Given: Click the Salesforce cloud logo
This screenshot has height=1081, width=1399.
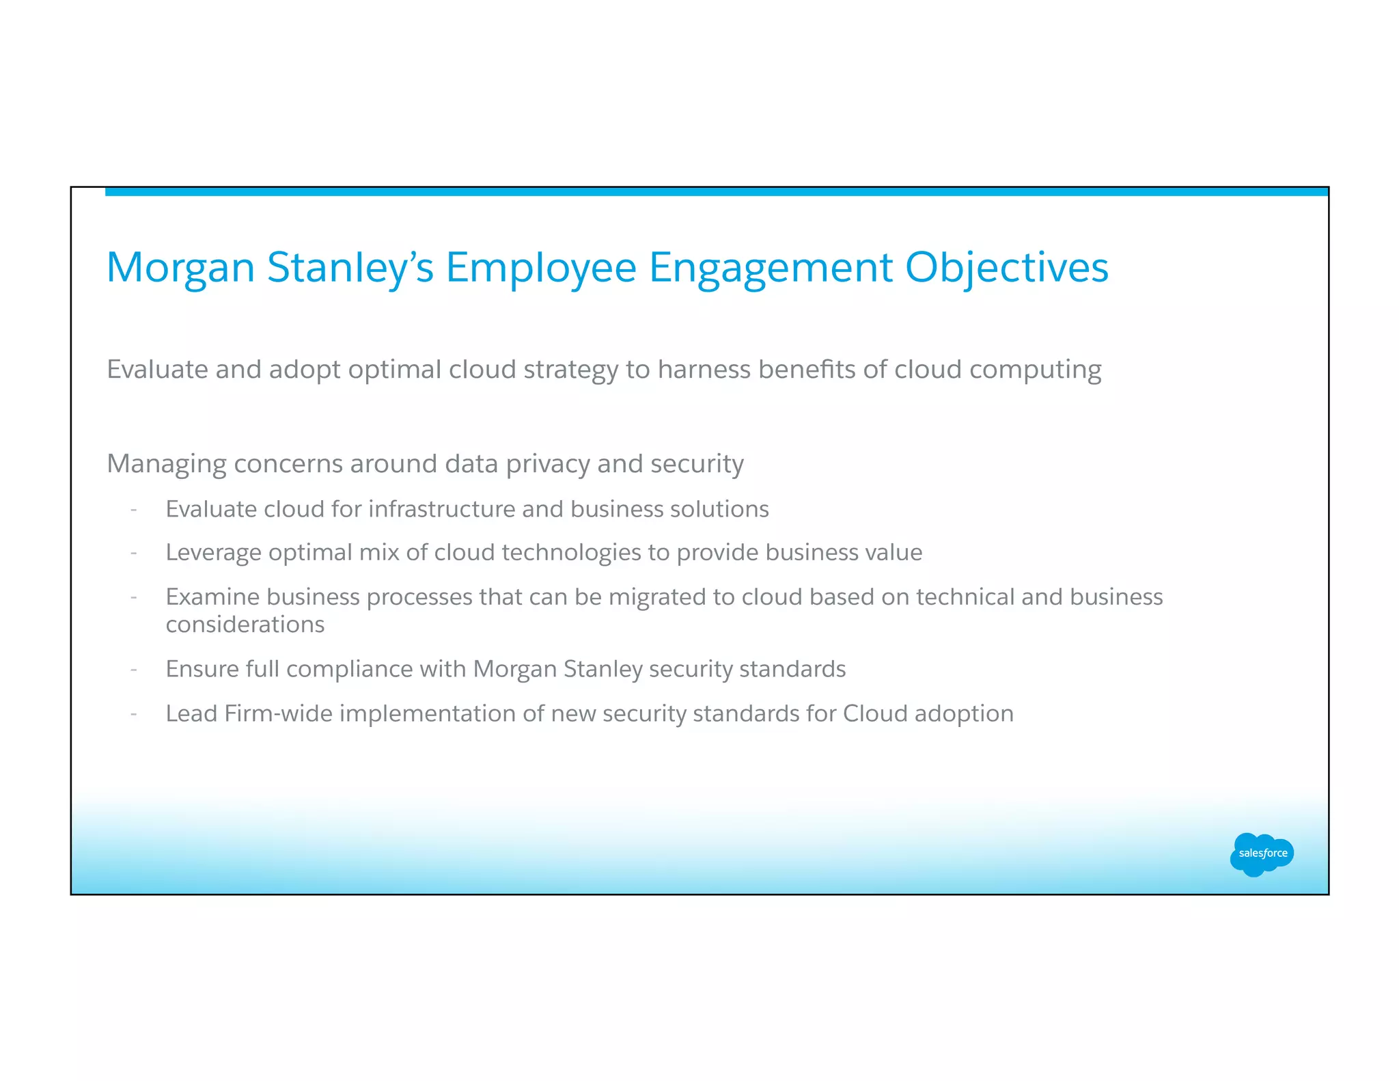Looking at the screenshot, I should click(x=1262, y=853).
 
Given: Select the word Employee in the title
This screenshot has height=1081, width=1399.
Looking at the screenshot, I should click(x=541, y=267).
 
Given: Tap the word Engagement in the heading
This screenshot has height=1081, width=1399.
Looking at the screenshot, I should click(x=771, y=267).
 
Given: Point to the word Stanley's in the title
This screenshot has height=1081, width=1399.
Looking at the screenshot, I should click(x=350, y=267).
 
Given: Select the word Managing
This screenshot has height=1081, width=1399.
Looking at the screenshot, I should click(x=167, y=464).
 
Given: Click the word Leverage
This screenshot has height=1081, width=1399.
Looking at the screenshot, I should click(x=213, y=552).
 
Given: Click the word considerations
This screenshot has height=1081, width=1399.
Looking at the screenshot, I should click(x=245, y=625).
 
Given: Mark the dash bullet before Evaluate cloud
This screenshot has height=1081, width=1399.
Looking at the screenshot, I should click(x=134, y=510).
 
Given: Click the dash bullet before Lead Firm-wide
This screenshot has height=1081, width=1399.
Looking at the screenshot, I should click(x=134, y=714).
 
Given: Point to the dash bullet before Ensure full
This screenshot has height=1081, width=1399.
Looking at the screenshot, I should click(x=134, y=670).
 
